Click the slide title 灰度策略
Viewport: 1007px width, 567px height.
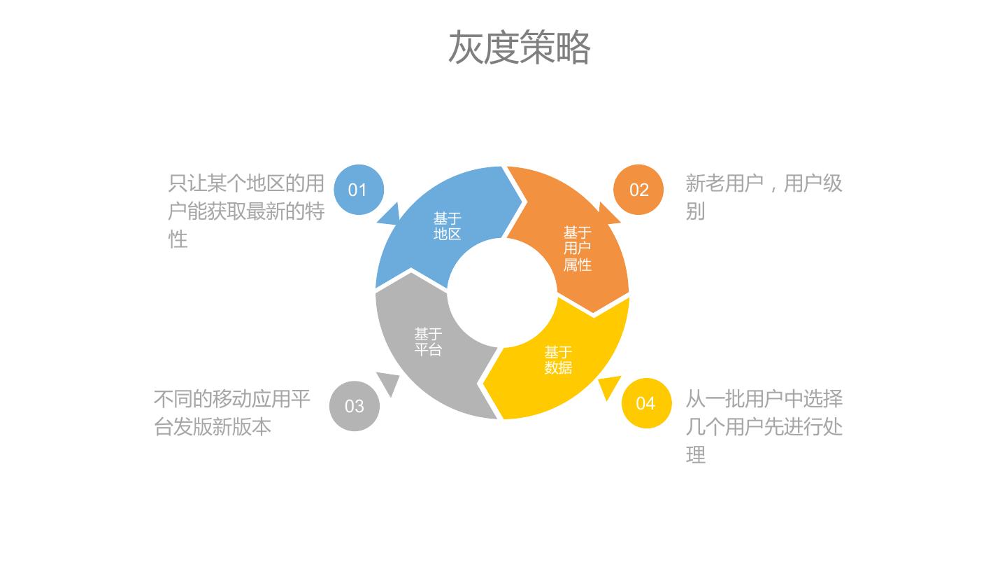(x=519, y=48)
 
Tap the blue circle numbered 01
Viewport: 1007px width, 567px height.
(x=358, y=190)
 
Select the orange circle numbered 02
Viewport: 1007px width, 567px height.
(x=638, y=190)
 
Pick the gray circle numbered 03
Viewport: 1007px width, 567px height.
(x=355, y=406)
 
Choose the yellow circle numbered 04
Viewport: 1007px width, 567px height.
(x=646, y=403)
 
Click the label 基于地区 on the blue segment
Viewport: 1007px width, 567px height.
(x=447, y=227)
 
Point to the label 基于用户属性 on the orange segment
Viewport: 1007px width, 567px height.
(x=578, y=248)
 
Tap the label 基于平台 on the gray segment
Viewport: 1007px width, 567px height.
(x=428, y=342)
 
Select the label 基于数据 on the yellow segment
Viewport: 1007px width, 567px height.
(x=558, y=360)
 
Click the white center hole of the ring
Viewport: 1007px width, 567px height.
(x=502, y=293)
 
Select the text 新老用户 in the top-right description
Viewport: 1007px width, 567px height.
(x=724, y=184)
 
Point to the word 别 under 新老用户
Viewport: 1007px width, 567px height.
(x=695, y=211)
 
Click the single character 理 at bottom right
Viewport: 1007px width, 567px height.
(x=695, y=455)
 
